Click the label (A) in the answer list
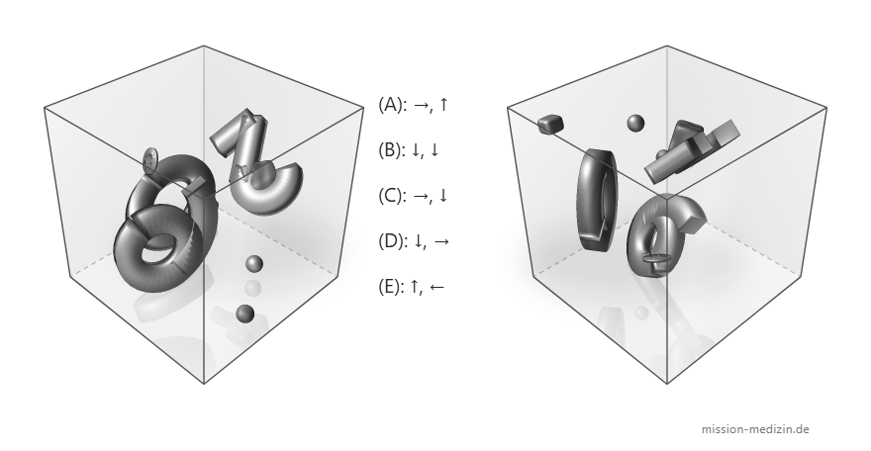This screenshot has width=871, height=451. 391,104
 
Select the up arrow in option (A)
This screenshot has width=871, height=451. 443,104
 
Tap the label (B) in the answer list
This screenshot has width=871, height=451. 391,149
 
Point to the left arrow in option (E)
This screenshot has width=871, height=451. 436,287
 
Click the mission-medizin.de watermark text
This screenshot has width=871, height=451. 755,429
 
